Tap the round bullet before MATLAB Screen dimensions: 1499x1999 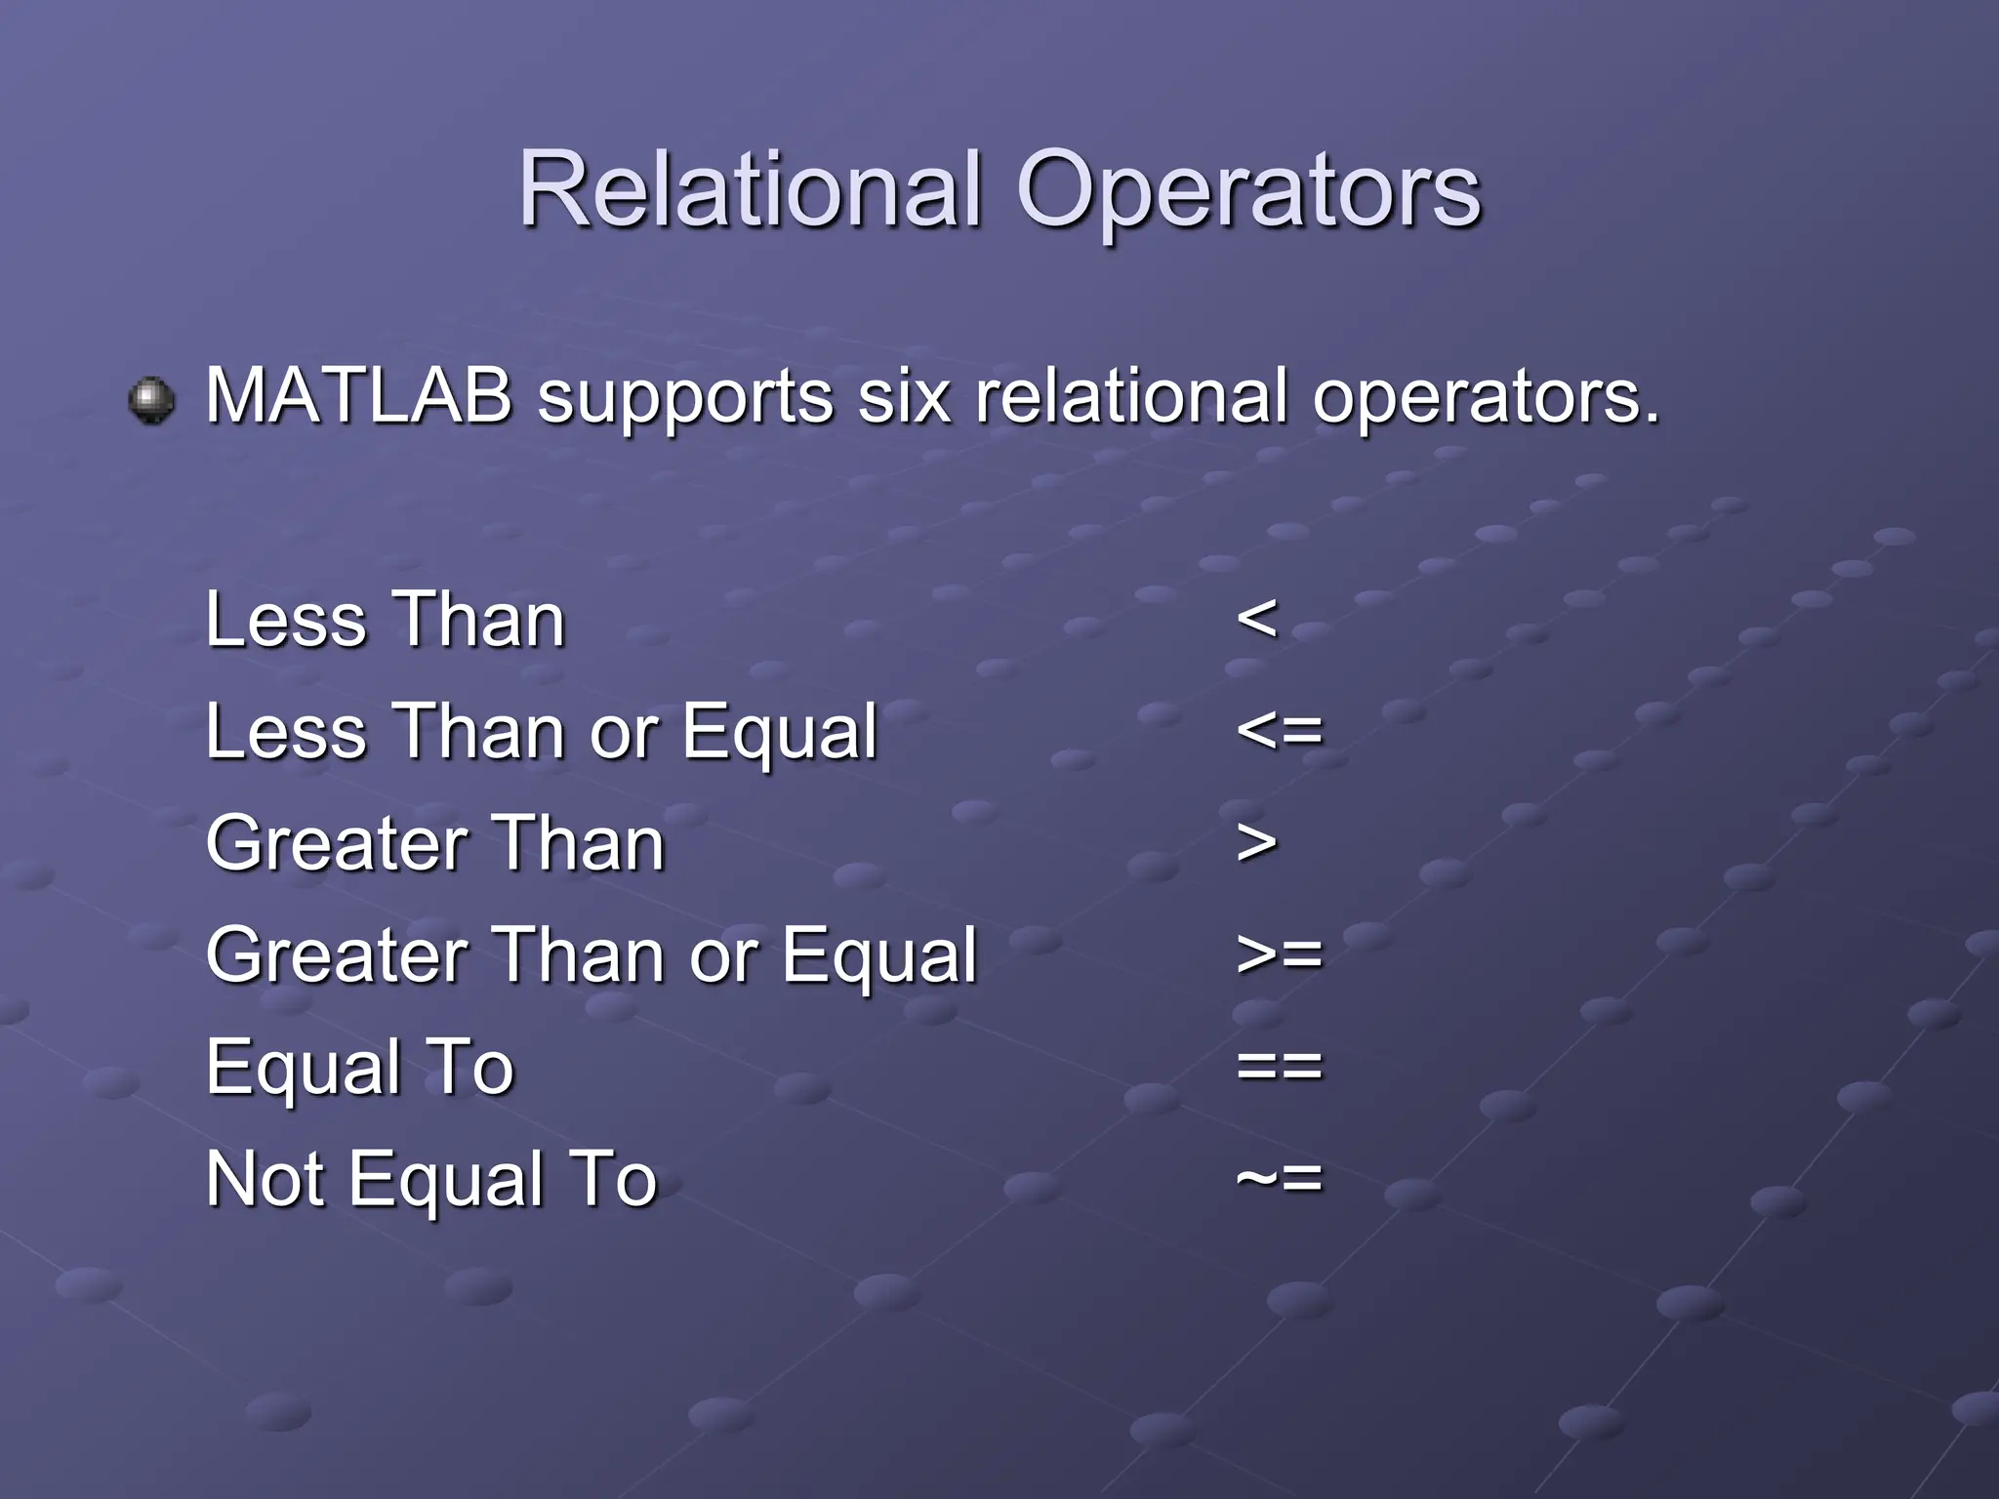151,400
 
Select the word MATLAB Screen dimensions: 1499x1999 359,396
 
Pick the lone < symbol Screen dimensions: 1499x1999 1256,619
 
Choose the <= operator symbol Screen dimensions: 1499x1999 1279,731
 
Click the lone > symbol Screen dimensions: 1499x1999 1256,843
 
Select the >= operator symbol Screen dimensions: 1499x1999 1279,954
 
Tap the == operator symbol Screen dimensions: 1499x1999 1279,1066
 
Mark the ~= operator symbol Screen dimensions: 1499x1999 1279,1178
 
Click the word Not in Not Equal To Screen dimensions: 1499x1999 265,1178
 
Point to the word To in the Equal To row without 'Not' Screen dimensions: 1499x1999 472,1066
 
